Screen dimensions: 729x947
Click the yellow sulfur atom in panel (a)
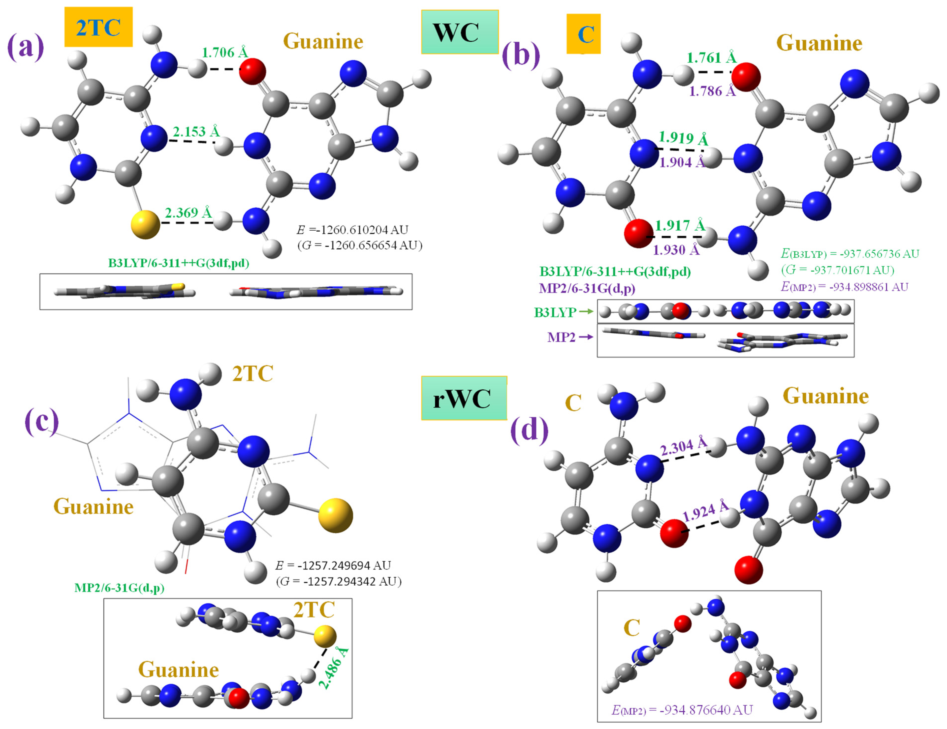click(x=145, y=224)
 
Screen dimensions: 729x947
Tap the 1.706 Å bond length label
click(x=225, y=53)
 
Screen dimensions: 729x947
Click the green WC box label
click(x=460, y=32)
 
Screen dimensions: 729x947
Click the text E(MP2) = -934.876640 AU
click(x=682, y=709)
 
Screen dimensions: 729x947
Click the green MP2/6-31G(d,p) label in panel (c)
click(x=119, y=588)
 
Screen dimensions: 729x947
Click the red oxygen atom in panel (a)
click(x=252, y=72)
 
